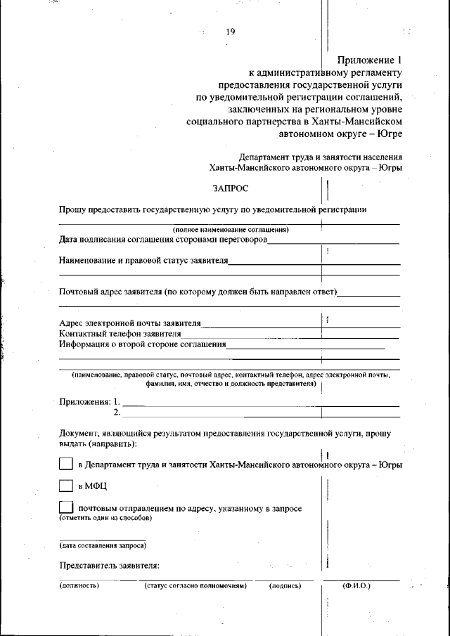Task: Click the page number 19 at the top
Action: (x=230, y=32)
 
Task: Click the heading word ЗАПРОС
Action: (x=231, y=188)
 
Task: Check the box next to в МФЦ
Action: (x=65, y=486)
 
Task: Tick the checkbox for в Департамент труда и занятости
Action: (x=65, y=464)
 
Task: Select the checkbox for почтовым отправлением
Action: (x=65, y=507)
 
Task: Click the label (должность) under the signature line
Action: (x=79, y=585)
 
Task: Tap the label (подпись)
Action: (x=285, y=585)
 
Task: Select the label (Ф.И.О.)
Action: (x=356, y=585)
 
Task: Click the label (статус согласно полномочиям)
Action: (x=195, y=585)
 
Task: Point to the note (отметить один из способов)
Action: (x=105, y=518)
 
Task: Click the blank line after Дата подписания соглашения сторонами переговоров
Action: (x=333, y=242)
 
